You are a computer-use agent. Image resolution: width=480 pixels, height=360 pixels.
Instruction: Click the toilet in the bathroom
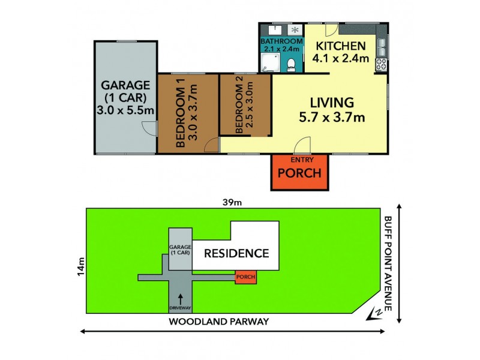290,64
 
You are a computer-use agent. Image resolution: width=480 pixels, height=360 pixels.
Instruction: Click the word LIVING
332,103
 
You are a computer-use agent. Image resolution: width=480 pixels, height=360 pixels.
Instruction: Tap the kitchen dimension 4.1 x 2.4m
340,59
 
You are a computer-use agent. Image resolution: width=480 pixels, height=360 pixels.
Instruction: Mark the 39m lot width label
233,202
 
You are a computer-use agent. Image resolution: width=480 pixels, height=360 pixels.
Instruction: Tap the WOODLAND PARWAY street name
218,322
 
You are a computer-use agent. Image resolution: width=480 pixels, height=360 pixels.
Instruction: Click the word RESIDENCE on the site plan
236,253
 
